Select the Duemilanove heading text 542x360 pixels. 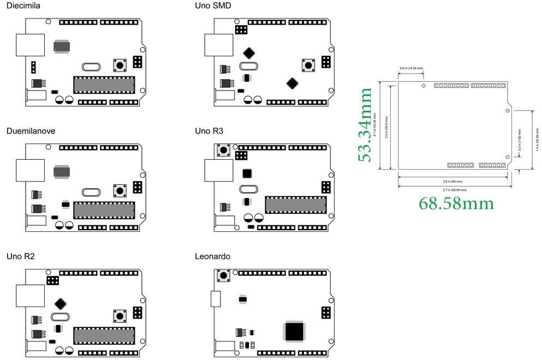pyautogui.click(x=31, y=131)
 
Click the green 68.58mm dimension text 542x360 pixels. pyautogui.click(x=456, y=203)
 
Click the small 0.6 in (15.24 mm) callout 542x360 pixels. pyautogui.click(x=411, y=69)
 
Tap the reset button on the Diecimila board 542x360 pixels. pyautogui.click(x=120, y=65)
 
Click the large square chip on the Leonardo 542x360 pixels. pyautogui.click(x=294, y=331)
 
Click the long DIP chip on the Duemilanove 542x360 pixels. pyautogui.click(x=104, y=210)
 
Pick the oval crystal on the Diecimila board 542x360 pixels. pyautogui.click(x=91, y=68)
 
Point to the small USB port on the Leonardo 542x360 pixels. pyautogui.click(x=216, y=299)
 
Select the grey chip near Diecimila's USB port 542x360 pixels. pyautogui.click(x=62, y=46)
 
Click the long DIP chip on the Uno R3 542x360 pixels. pyautogui.click(x=295, y=205)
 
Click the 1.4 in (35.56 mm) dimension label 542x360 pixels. pyautogui.click(x=537, y=139)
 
